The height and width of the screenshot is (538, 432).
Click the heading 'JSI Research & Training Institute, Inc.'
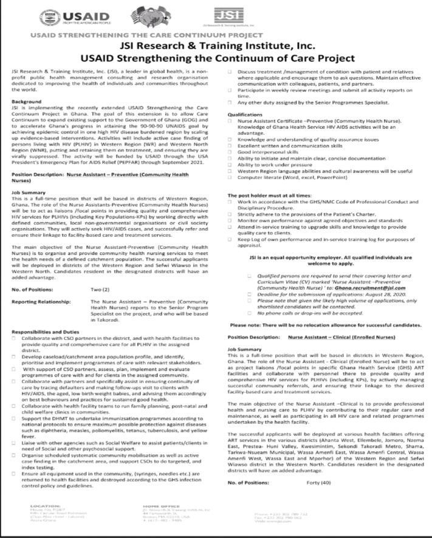tap(216, 47)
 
